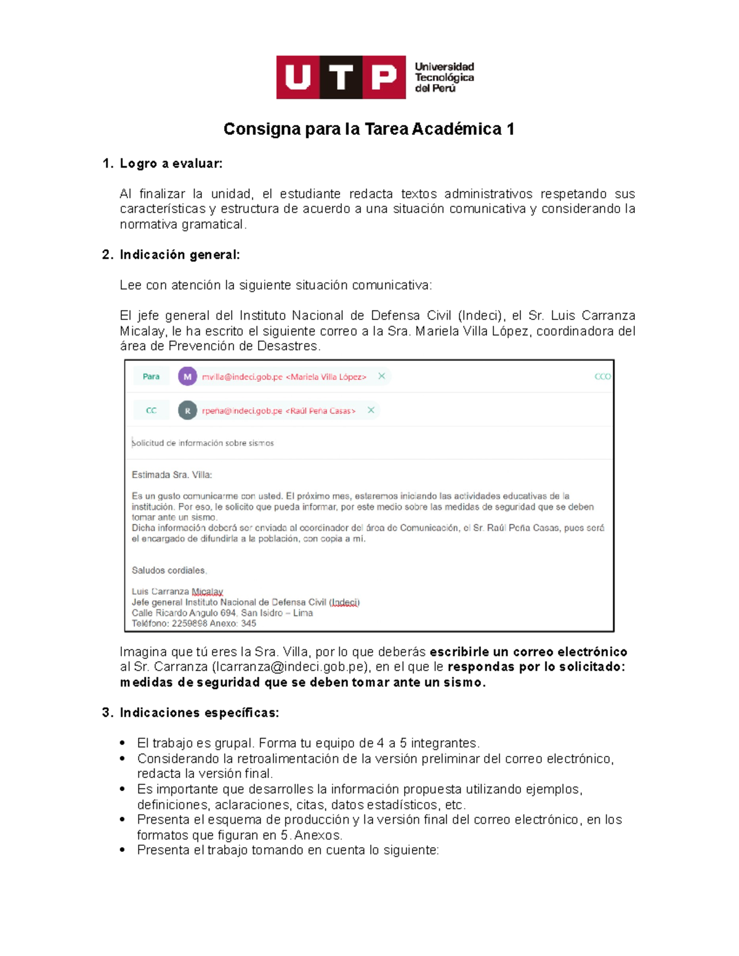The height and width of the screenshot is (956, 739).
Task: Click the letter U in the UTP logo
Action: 298,78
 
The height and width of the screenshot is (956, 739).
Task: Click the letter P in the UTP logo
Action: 384,78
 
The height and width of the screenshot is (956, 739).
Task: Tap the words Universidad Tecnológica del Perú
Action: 444,78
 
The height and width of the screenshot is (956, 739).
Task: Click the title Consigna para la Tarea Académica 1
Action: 369,129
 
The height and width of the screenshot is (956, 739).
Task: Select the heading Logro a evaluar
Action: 171,164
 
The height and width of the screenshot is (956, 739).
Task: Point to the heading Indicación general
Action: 179,255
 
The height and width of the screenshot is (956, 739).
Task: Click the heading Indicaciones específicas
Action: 199,713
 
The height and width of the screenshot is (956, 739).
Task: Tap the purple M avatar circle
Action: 187,377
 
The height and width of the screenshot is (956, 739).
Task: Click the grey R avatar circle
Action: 187,411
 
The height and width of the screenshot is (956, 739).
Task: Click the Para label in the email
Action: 151,377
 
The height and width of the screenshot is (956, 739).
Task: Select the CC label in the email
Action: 151,411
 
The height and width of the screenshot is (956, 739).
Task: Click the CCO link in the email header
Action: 602,377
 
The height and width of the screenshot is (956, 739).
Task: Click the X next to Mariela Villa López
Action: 382,376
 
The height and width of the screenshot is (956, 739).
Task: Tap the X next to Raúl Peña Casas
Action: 371,410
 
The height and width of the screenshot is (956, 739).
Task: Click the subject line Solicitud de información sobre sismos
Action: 203,443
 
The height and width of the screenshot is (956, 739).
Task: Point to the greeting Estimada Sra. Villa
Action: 172,475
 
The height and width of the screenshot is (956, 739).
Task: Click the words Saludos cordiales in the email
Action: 169,571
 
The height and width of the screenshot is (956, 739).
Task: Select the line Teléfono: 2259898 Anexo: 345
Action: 193,624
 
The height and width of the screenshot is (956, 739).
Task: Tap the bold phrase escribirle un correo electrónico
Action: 528,652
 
